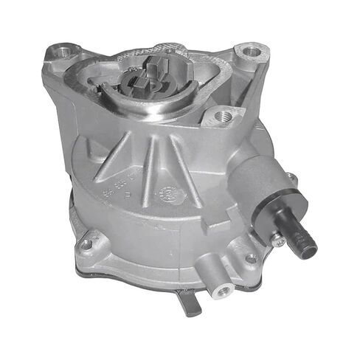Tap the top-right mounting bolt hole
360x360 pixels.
coord(251,52)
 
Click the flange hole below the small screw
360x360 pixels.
coord(251,259)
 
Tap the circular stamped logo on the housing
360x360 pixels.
coord(169,195)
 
